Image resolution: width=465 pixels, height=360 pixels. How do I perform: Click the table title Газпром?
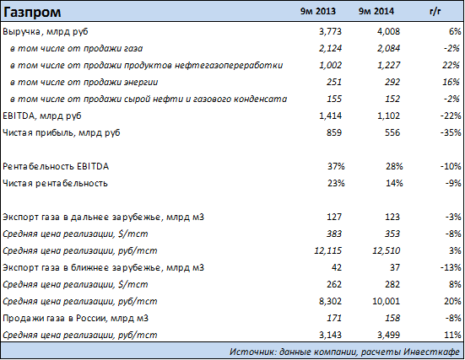click(x=32, y=12)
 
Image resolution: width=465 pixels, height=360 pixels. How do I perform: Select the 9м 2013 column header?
click(x=318, y=11)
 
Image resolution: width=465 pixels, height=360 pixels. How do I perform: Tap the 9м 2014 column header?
click(x=376, y=11)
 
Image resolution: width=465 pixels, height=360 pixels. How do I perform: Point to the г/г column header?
click(x=435, y=12)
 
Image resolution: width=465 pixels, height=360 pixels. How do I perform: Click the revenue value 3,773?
click(x=330, y=31)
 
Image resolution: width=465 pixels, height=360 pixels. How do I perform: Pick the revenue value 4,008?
click(x=388, y=31)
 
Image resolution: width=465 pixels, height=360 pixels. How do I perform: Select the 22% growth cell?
click(x=451, y=65)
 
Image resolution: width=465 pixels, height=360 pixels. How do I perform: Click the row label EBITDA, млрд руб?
click(x=42, y=116)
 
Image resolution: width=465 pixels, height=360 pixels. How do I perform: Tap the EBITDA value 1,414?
click(x=330, y=116)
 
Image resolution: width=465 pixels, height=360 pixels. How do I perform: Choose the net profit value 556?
click(x=392, y=132)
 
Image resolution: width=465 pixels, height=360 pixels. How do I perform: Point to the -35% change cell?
click(x=451, y=132)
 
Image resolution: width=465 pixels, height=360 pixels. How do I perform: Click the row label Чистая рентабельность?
click(x=55, y=184)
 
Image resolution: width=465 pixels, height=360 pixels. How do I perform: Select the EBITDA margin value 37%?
click(x=336, y=166)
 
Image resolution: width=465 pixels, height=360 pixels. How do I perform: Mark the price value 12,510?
click(x=387, y=250)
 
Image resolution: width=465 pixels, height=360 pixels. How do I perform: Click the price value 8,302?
click(x=330, y=301)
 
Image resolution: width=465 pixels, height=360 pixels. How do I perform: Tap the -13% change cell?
click(x=451, y=267)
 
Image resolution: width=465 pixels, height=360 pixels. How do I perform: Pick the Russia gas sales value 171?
click(x=334, y=318)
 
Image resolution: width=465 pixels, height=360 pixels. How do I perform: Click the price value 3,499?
click(x=388, y=335)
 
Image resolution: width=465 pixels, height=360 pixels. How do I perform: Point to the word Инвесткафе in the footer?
click(x=432, y=352)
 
